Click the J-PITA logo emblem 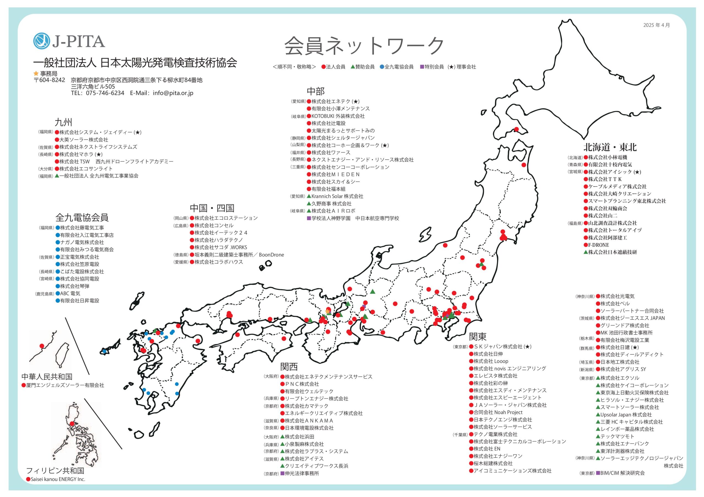[42, 41]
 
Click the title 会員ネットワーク [364, 46]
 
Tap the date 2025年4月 [656, 25]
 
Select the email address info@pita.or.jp [173, 93]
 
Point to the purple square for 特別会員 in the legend [422, 66]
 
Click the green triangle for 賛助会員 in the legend [353, 66]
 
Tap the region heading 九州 [63, 122]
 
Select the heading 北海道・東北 [610, 147]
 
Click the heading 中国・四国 [212, 208]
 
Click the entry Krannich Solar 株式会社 [337, 196]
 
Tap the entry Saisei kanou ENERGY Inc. [58, 479]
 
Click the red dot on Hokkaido [516, 129]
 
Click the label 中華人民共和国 [47, 377]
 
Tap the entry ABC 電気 [70, 293]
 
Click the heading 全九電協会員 [82, 217]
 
